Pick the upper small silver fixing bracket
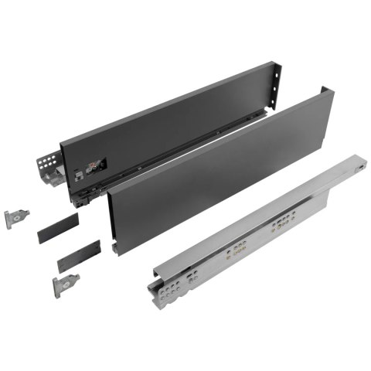(x=16, y=219)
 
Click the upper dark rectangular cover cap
(x=58, y=232)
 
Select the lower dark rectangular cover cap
(x=79, y=256)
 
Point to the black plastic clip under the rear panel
(x=83, y=196)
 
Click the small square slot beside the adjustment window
(x=78, y=175)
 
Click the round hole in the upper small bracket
(x=15, y=219)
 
